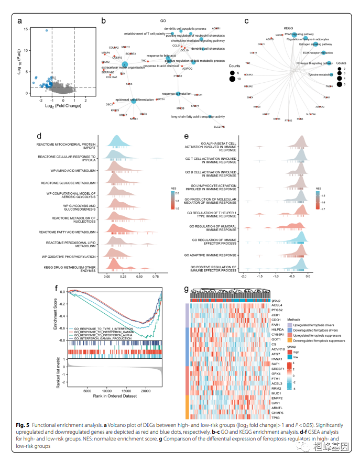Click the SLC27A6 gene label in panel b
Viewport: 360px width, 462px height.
[x=219, y=127]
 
